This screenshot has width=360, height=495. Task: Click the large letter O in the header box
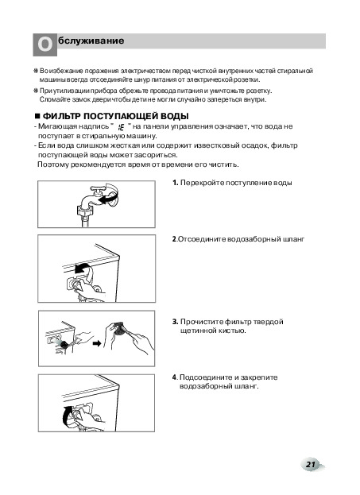[x=45, y=44]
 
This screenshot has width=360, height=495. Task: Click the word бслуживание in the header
[x=91, y=41]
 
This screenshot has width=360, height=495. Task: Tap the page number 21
[x=311, y=464]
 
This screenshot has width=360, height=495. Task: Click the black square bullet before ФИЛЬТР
[x=38, y=116]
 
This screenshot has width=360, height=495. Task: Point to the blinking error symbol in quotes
[x=120, y=127]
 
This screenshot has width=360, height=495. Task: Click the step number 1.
[x=176, y=183]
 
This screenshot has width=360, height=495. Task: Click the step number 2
[x=174, y=239]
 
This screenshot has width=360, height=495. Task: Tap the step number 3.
[x=176, y=322]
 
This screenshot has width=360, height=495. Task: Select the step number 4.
[x=174, y=377]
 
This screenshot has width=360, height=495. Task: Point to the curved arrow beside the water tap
[x=110, y=197]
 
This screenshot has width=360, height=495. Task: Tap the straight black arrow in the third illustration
[x=97, y=343]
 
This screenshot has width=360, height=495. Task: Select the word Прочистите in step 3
[x=202, y=322]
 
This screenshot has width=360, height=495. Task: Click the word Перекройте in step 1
[x=202, y=183]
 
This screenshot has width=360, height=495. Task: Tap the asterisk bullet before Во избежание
[x=36, y=71]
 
